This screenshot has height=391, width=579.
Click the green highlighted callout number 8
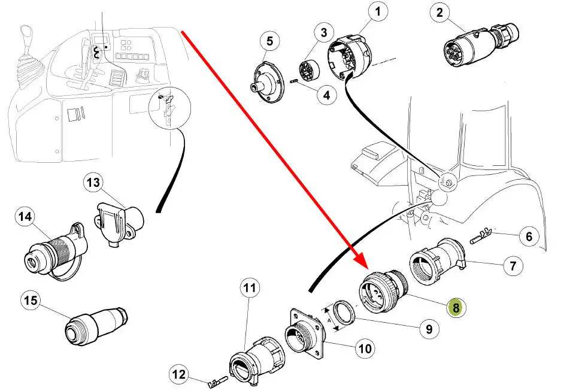[x=456, y=307]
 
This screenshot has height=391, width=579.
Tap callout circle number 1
[x=377, y=11]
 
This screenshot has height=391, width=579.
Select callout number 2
[x=439, y=13]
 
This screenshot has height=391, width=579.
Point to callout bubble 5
[x=269, y=41]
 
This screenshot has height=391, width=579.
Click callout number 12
[x=179, y=374]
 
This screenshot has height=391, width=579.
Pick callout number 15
[x=31, y=300]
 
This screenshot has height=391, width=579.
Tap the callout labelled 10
[x=365, y=348]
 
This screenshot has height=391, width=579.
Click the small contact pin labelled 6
[x=482, y=236]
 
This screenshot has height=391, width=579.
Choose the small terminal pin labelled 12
[x=219, y=380]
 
